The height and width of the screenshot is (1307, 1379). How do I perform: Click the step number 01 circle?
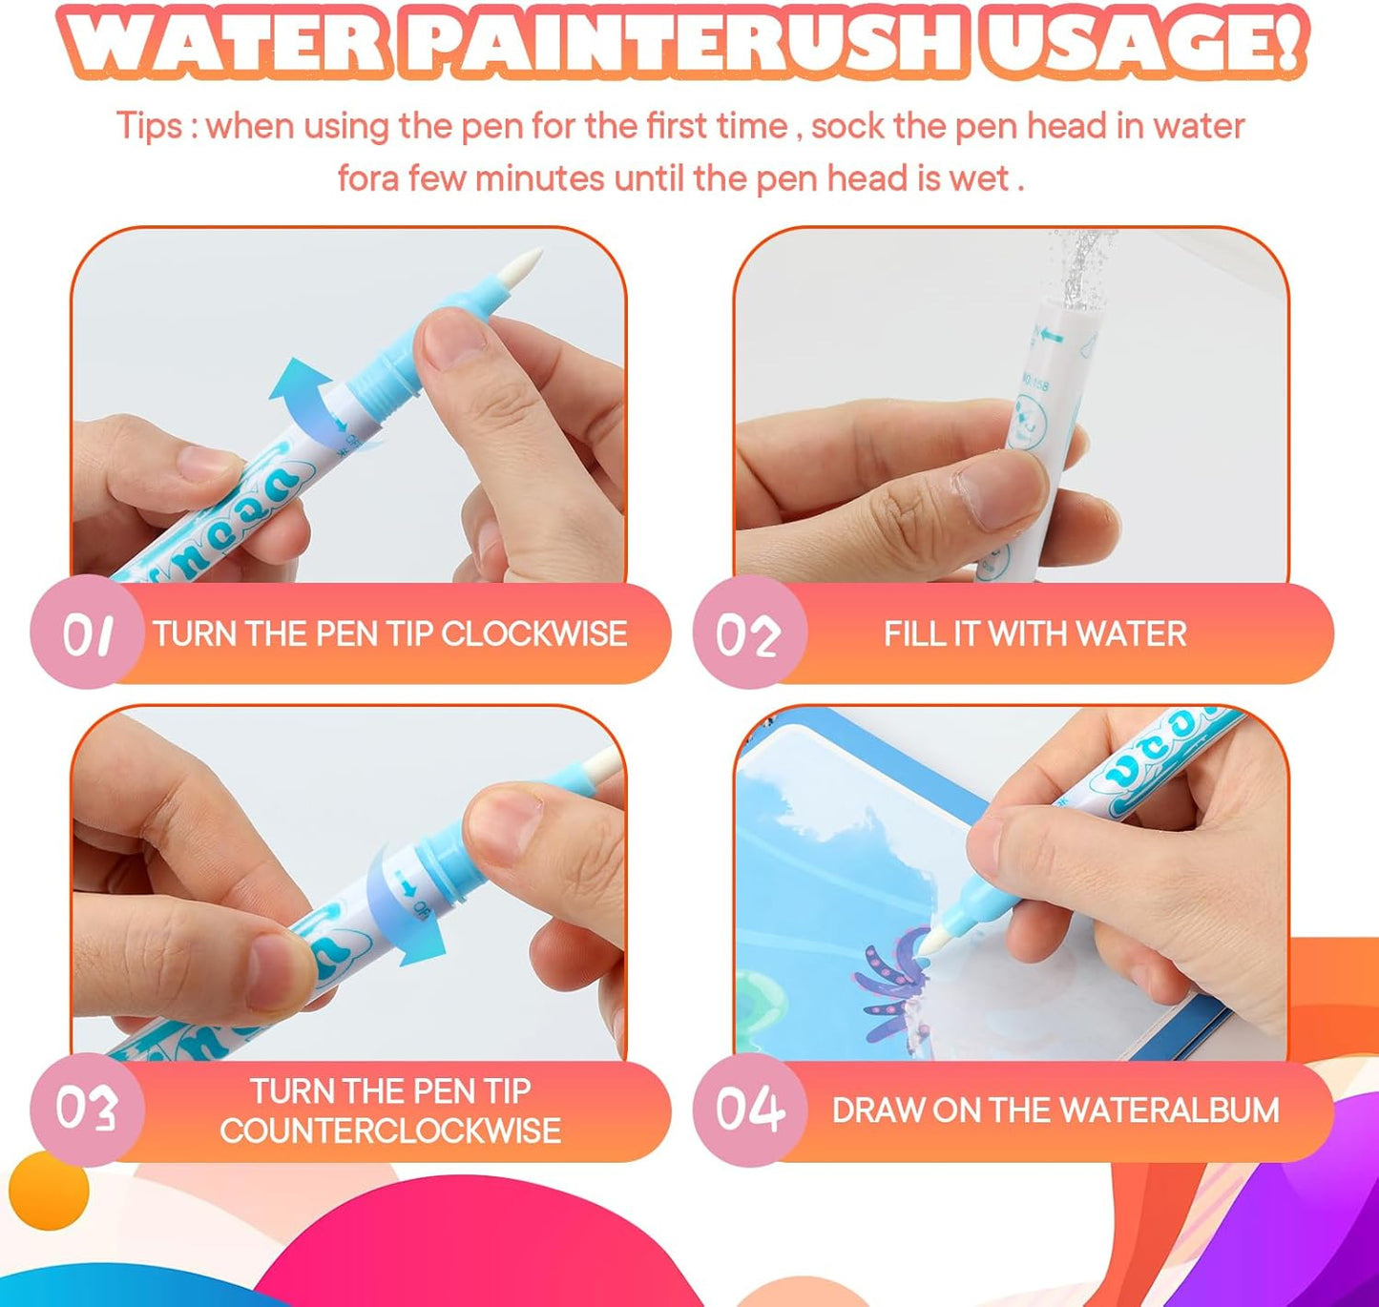(x=87, y=633)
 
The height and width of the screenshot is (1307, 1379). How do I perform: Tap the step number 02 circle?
(x=750, y=633)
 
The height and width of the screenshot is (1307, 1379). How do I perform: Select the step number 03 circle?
(x=87, y=1110)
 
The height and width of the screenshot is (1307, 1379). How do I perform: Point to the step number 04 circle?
(x=750, y=1110)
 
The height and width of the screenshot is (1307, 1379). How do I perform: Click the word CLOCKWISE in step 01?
(x=533, y=633)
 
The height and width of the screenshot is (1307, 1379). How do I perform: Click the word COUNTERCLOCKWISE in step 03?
(x=390, y=1131)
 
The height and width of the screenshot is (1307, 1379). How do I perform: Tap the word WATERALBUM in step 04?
(x=1169, y=1110)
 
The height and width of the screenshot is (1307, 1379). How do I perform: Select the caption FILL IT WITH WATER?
(x=1034, y=633)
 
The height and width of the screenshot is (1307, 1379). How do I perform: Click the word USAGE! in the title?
(x=1143, y=43)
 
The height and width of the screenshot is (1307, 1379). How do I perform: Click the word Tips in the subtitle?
(x=149, y=126)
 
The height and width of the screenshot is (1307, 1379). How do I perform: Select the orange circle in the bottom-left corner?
(x=48, y=1190)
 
